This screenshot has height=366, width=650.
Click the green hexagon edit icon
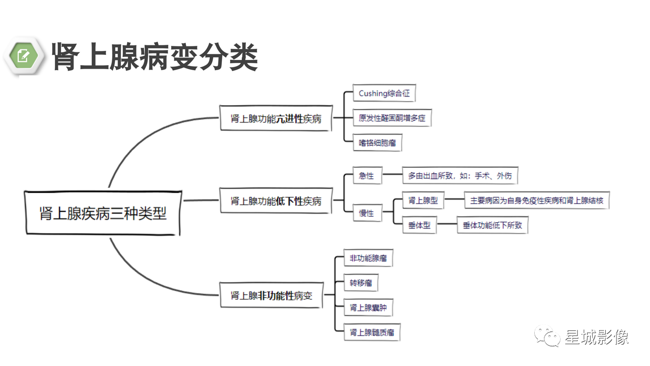(23, 56)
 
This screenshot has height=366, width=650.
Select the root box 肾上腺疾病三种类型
(103, 213)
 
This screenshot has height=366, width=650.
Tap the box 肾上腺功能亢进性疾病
(276, 118)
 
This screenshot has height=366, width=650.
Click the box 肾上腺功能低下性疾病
(276, 201)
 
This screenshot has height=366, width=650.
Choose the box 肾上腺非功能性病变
(271, 295)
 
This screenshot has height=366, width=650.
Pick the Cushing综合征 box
(384, 93)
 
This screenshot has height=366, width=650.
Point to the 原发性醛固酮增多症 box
(392, 117)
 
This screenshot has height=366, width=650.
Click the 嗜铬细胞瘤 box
(377, 143)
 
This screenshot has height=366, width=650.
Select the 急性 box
(367, 175)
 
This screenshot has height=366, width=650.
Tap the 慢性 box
(367, 213)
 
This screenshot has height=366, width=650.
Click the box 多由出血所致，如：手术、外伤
(460, 175)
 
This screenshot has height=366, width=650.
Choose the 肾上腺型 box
(423, 200)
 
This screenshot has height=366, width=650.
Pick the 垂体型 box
(419, 225)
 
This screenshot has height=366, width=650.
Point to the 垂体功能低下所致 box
(493, 225)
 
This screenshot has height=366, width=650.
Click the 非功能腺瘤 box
(368, 258)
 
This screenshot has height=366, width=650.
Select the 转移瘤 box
(361, 282)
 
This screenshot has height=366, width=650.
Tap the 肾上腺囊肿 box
(368, 308)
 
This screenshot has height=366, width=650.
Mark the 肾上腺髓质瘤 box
(372, 332)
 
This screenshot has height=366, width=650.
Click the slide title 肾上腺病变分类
(155, 56)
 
